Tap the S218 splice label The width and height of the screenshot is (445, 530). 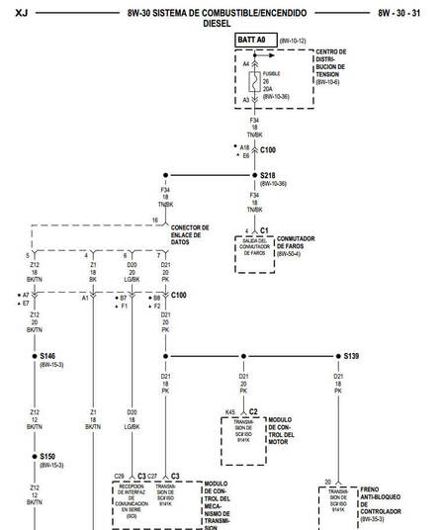click(x=272, y=175)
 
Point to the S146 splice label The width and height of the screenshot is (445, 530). click(x=47, y=356)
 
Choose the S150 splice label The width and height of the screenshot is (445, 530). click(x=47, y=456)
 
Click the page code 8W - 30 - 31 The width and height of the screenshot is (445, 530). click(x=405, y=12)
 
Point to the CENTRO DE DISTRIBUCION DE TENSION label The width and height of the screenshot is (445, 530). click(x=330, y=66)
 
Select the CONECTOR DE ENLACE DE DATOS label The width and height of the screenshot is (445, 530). click(x=190, y=234)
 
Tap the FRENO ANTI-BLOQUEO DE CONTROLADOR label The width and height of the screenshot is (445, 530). click(x=380, y=502)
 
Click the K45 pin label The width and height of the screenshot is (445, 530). click(x=229, y=411)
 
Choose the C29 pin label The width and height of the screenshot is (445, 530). click(x=120, y=476)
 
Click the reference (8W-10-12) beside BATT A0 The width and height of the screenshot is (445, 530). click(x=293, y=40)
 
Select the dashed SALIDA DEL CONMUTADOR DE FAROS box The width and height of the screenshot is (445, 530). click(x=254, y=253)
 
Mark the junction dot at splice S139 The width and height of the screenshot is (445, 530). click(x=338, y=355)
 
